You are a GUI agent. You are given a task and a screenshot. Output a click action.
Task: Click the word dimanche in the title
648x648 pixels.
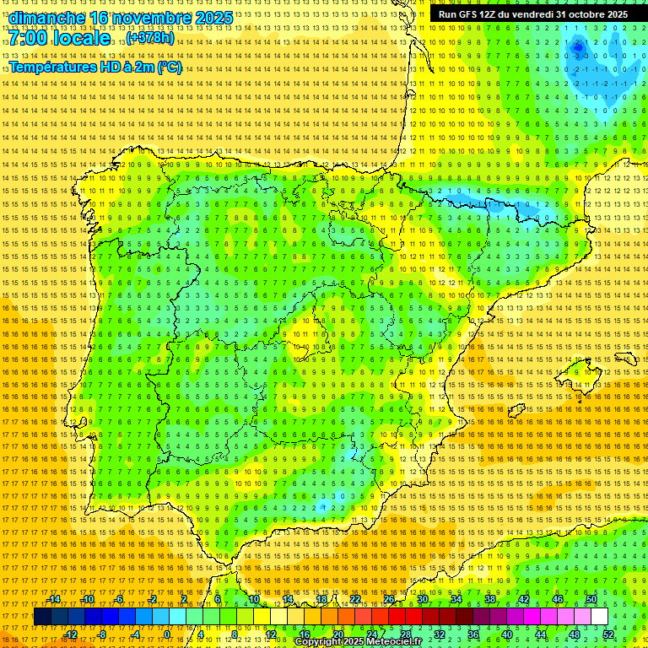47,18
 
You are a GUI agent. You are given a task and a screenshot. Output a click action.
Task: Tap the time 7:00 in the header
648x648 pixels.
28,38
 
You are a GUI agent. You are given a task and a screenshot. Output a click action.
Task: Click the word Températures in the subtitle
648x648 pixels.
52,67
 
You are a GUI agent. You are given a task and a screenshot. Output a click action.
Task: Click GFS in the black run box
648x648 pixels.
472,14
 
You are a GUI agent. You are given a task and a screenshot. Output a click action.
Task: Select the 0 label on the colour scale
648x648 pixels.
167,634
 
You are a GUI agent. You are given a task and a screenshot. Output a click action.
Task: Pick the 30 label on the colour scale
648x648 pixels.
422,599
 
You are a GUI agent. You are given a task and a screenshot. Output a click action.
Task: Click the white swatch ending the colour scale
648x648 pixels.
599,617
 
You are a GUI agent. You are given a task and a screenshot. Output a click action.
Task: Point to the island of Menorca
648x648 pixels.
626,359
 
